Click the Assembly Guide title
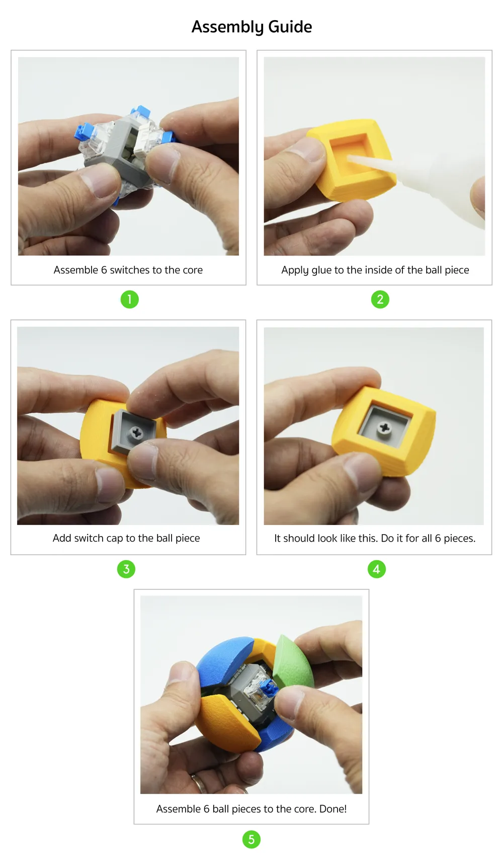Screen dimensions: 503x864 (251, 27)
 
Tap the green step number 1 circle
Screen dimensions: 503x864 (129, 299)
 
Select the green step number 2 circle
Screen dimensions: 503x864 (380, 299)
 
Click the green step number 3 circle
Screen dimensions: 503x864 (126, 569)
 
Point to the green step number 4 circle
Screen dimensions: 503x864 (376, 569)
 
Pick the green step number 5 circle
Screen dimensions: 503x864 (251, 839)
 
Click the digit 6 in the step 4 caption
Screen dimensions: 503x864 (438, 538)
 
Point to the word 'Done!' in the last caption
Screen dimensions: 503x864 (333, 809)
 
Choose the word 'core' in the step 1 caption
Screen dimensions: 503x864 (193, 270)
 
